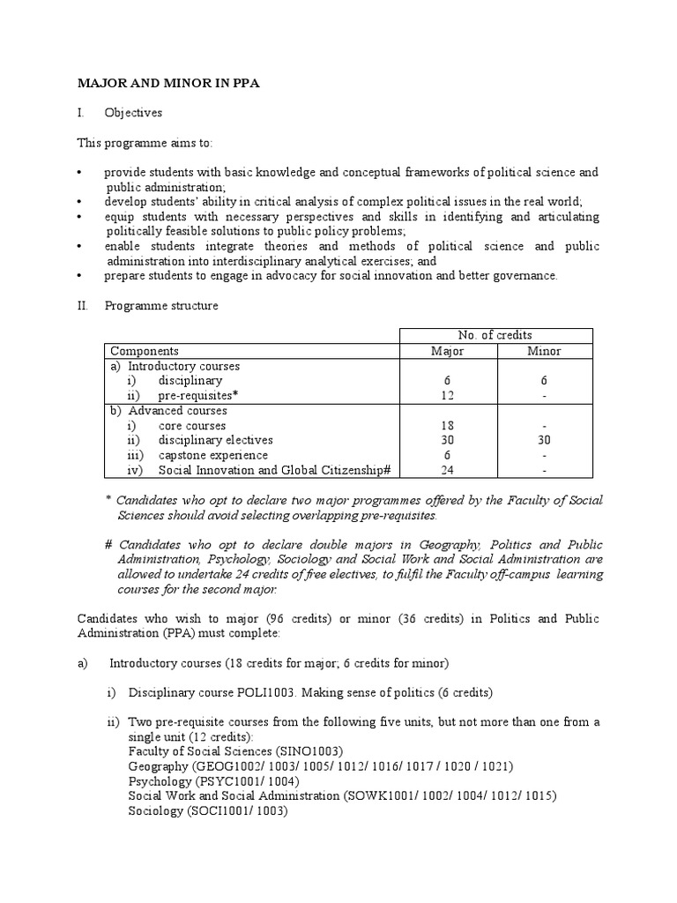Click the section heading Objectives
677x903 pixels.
(x=133, y=113)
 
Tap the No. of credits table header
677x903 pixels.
(x=495, y=335)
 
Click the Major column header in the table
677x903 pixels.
(x=447, y=351)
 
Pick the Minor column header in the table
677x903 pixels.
(x=543, y=351)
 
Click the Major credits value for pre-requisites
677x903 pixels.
(x=447, y=396)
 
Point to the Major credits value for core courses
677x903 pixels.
(x=447, y=426)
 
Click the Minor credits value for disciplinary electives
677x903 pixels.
(x=543, y=440)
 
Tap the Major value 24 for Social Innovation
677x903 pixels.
(x=447, y=470)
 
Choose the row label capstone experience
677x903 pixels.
(x=212, y=455)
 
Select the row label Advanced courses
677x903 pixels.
(x=177, y=411)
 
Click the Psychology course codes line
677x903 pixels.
(x=214, y=780)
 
